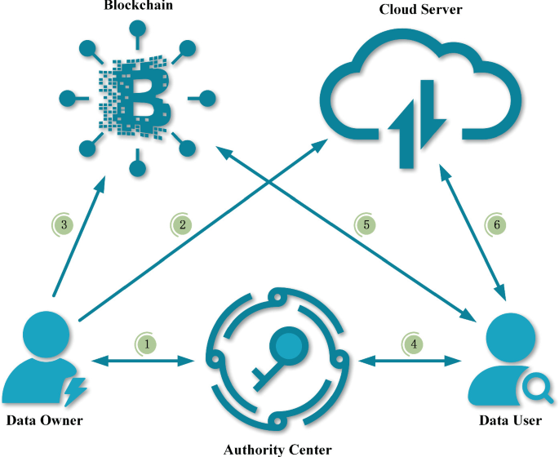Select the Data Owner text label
(x=44, y=421)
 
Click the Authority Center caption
(x=277, y=448)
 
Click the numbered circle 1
(x=147, y=344)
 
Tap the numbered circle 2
(x=184, y=224)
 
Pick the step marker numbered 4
(x=415, y=344)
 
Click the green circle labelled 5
(x=367, y=224)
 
